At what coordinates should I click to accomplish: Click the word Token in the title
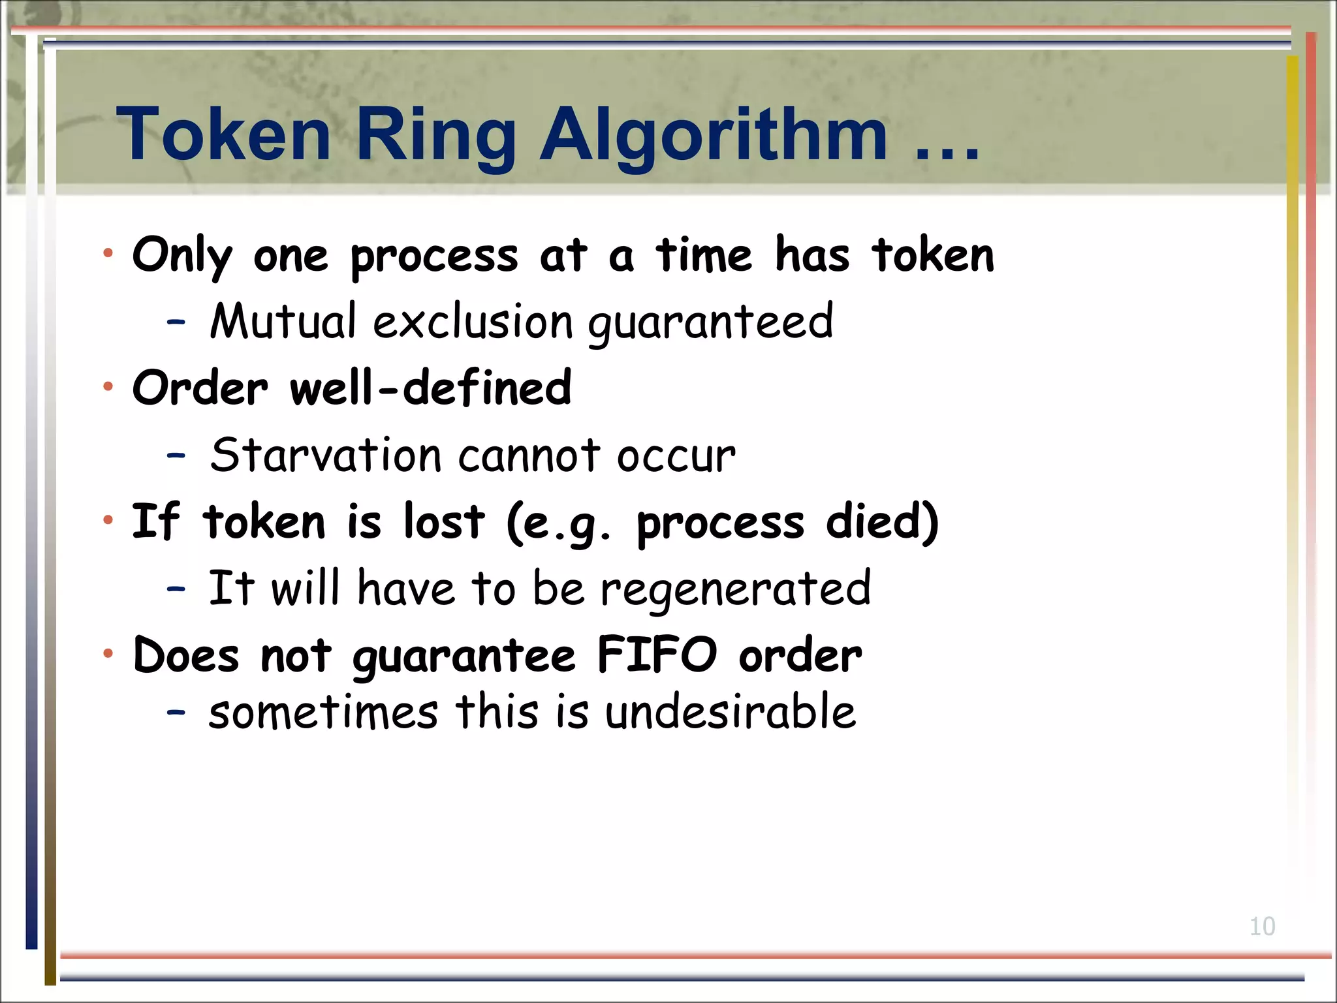223,134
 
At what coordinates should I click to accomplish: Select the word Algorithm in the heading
713,134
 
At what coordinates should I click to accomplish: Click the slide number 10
1261,927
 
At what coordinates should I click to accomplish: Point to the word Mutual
283,322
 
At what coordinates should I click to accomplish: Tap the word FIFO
657,655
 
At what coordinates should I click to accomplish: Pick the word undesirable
730,712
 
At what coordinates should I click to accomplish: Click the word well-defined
430,388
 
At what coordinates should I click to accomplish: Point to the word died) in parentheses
882,522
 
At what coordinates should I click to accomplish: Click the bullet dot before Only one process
108,254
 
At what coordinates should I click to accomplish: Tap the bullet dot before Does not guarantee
108,653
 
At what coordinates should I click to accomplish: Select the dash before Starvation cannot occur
176,455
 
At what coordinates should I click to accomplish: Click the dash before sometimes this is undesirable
176,712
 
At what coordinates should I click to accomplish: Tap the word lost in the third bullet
444,522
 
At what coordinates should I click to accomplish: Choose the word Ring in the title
435,134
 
